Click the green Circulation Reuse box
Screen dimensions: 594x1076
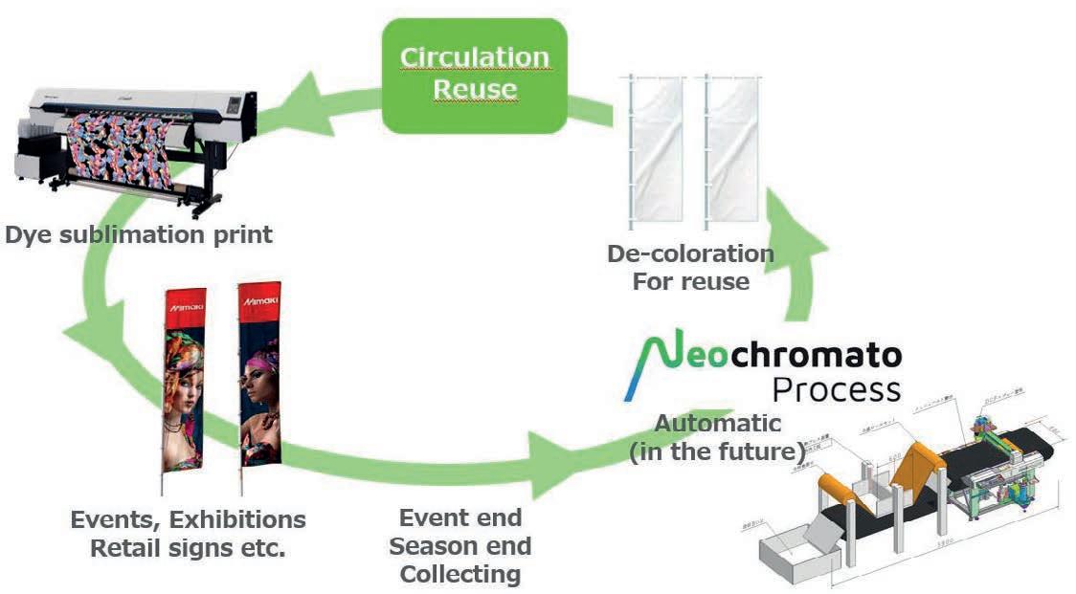tap(474, 74)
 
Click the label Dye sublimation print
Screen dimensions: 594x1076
tap(139, 234)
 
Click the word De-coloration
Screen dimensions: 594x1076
tap(690, 254)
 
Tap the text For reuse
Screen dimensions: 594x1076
tap(690, 282)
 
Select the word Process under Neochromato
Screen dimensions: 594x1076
tap(836, 389)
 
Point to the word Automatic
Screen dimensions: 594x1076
tap(717, 423)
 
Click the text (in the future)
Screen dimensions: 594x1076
tap(716, 452)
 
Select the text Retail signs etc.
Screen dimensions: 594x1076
tap(189, 549)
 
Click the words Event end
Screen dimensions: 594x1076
tap(460, 518)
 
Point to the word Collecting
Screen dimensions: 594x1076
tap(460, 575)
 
